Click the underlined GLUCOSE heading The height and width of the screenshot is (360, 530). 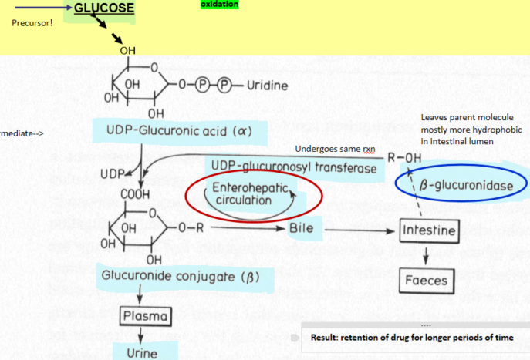(104, 8)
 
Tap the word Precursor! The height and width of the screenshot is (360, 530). (32, 22)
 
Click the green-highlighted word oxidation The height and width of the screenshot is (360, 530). (219, 4)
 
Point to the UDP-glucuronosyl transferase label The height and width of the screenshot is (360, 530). (292, 167)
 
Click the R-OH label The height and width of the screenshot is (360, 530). (404, 157)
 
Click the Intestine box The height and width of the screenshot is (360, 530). (429, 230)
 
